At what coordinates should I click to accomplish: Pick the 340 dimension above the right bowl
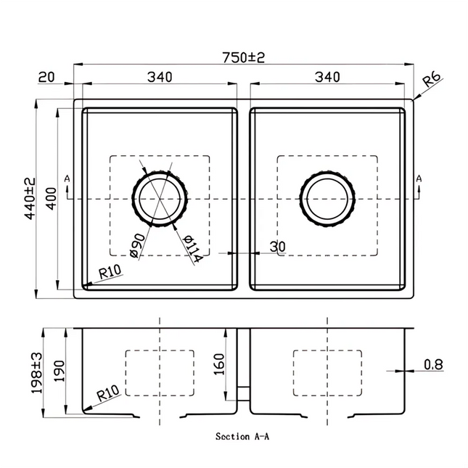tap(328, 76)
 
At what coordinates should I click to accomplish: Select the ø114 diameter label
tap(190, 248)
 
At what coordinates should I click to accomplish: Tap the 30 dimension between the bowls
tap(276, 247)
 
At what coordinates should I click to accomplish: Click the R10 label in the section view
tap(107, 394)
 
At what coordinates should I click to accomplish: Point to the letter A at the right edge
tap(418, 178)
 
